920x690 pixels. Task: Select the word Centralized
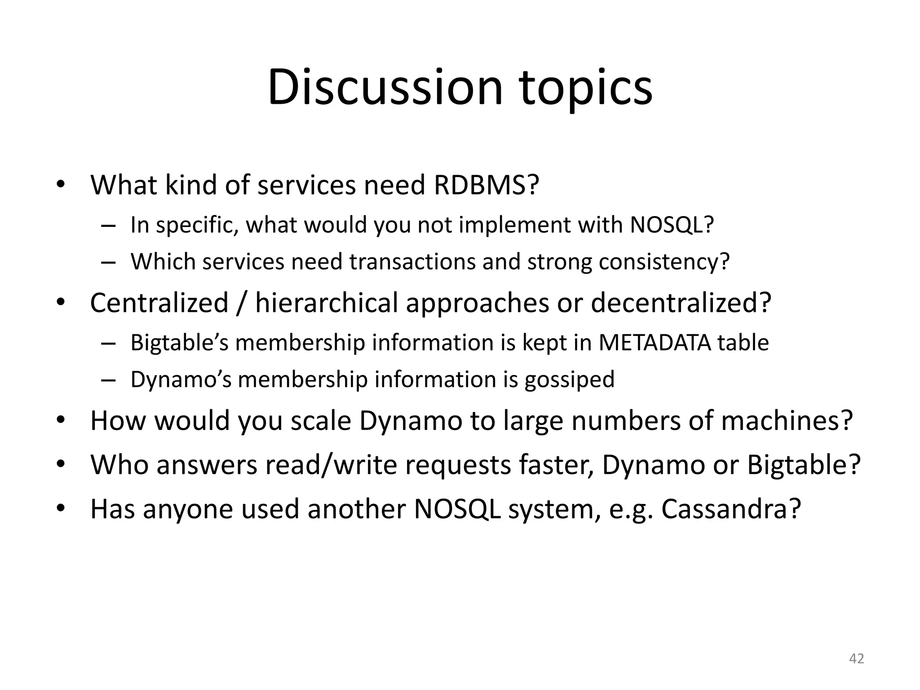tap(159, 302)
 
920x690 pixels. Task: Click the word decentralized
tap(681, 302)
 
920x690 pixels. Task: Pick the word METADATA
tap(655, 342)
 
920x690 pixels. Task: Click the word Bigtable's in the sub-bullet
tap(180, 342)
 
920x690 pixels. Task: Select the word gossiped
tap(570, 380)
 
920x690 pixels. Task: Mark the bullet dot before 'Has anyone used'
tap(61, 509)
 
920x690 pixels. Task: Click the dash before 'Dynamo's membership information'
tap(108, 380)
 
